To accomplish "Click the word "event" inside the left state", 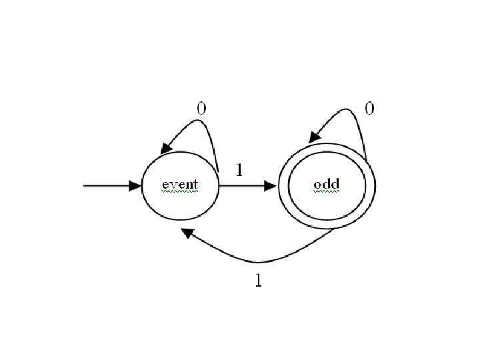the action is click(180, 183).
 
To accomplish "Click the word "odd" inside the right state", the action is click(327, 183).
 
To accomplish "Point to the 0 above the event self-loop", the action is click(201, 107).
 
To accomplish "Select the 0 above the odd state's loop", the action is click(369, 107).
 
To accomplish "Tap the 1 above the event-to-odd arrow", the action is click(239, 170).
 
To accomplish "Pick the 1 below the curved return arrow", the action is click(259, 281).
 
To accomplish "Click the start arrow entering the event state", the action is click(107, 186).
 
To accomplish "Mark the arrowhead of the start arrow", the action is click(135, 186).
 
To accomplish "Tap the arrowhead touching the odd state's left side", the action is click(271, 186).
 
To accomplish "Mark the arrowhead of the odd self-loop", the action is click(313, 138).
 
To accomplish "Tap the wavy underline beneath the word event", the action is click(180, 191).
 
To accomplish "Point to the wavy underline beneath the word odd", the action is click(327, 191).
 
